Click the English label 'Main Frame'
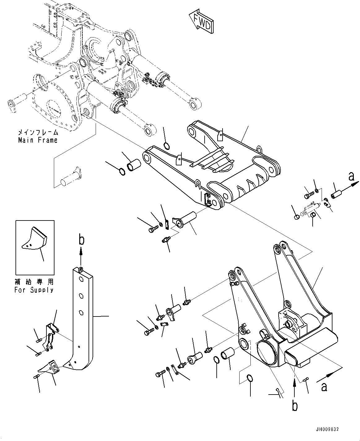[37, 140]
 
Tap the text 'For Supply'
[34, 290]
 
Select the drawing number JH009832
[327, 430]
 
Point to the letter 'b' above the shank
[81, 241]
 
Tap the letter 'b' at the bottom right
[295, 406]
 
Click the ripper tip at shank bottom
[48, 366]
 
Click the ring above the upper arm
[166, 145]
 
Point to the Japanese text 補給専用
[34, 282]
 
